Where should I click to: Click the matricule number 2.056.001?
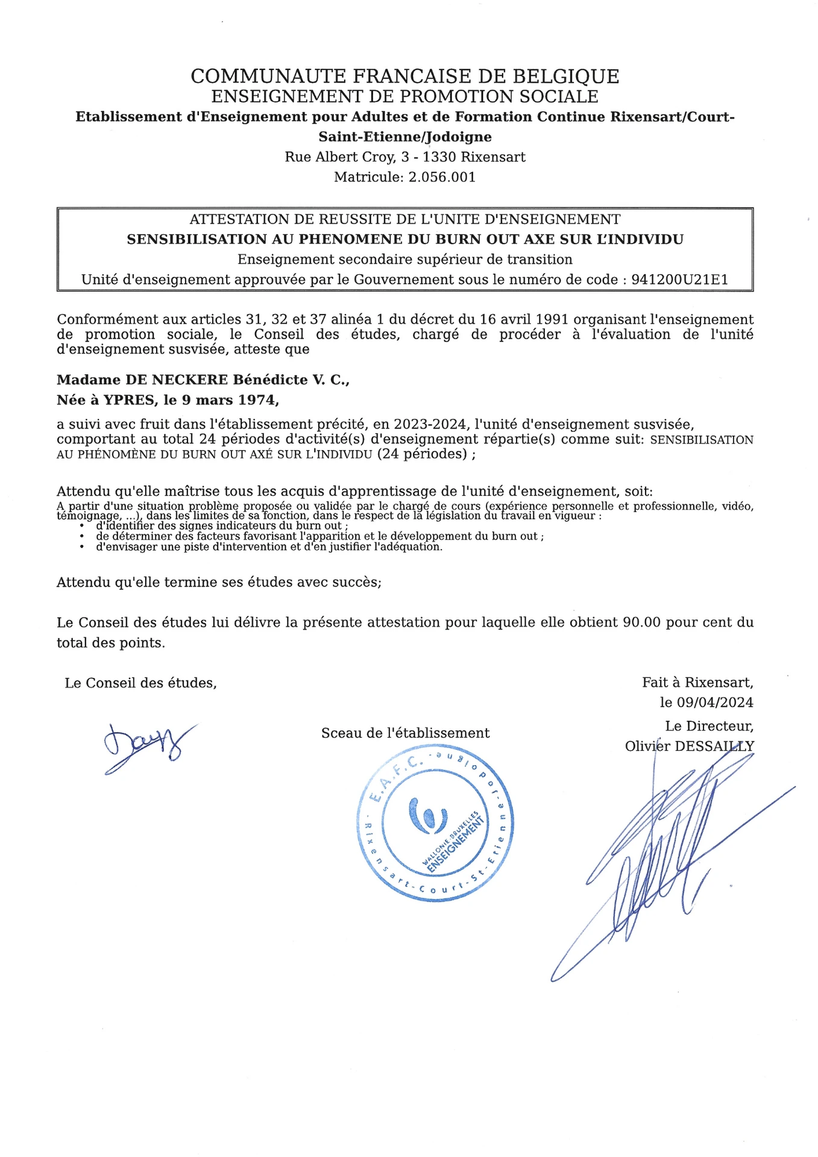(442, 177)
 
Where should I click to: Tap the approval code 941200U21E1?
(679, 280)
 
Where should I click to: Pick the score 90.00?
(641, 622)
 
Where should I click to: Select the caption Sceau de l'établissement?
(405, 733)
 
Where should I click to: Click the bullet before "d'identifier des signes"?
(81, 526)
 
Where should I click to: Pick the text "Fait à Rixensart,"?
(697, 683)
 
